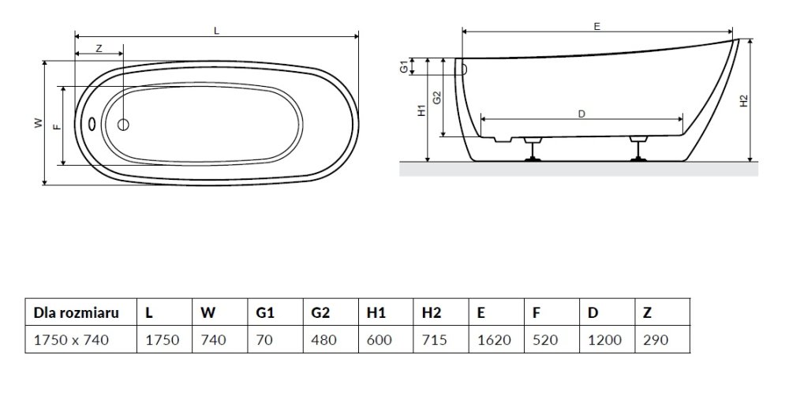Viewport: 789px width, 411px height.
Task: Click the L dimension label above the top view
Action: pyautogui.click(x=217, y=31)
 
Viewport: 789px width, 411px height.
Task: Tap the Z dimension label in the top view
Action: pyautogui.click(x=99, y=48)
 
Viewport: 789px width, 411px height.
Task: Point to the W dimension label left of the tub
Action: pyautogui.click(x=38, y=123)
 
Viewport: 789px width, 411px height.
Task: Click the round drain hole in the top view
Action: pyautogui.click(x=123, y=125)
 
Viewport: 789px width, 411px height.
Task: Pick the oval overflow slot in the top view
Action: pyautogui.click(x=92, y=124)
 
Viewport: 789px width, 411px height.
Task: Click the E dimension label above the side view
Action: pyautogui.click(x=596, y=27)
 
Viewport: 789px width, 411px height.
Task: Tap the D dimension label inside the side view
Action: pyautogui.click(x=581, y=114)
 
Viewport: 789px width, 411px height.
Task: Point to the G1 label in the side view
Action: pyautogui.click(x=404, y=66)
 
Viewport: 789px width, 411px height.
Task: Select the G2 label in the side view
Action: pyautogui.click(x=437, y=98)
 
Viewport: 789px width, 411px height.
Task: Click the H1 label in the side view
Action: pyautogui.click(x=421, y=110)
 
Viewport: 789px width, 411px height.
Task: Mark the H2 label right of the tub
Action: pyautogui.click(x=745, y=101)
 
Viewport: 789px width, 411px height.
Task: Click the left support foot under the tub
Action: pyautogui.click(x=531, y=149)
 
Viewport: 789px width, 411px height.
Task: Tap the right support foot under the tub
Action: pyautogui.click(x=639, y=149)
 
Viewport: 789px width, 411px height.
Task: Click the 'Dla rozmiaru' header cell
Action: pyautogui.click(x=77, y=312)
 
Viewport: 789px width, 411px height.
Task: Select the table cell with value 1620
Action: pyautogui.click(x=494, y=340)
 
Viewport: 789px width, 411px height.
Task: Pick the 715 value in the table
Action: pyautogui.click(x=434, y=340)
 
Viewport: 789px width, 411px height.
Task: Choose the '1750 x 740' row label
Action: pyautogui.click(x=71, y=340)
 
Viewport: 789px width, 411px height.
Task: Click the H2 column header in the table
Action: pyautogui.click(x=432, y=312)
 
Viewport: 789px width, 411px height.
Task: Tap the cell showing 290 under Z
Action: pyautogui.click(x=656, y=340)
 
